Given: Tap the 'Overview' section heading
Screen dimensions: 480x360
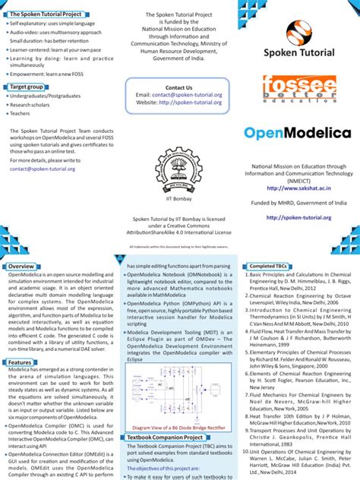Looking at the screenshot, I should tap(21, 267).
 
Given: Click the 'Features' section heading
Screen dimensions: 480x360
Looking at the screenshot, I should tap(21, 362).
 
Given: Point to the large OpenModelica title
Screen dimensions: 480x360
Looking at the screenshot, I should tap(297, 133).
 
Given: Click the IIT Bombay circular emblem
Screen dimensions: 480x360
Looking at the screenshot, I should tap(179, 170).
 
